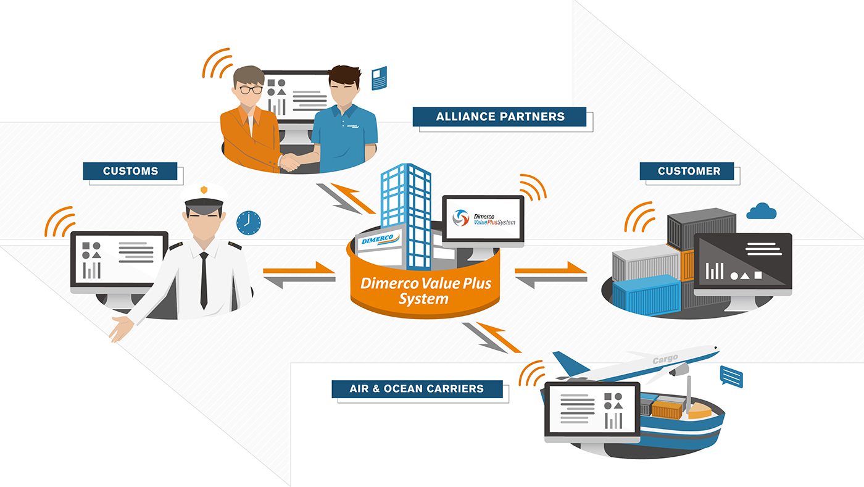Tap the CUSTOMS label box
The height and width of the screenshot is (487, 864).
click(x=130, y=171)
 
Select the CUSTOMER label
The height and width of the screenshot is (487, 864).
click(x=687, y=171)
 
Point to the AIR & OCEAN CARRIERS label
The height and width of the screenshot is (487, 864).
click(x=417, y=389)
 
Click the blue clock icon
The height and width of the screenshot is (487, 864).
click(x=248, y=223)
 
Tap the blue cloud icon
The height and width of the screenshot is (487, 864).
click(x=762, y=212)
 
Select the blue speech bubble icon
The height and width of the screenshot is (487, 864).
click(x=731, y=377)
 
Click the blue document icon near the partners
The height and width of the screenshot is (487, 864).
click(x=379, y=78)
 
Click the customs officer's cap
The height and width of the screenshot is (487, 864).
click(x=204, y=198)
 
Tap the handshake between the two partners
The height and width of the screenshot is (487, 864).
click(x=289, y=162)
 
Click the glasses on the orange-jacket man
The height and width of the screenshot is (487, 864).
click(x=251, y=90)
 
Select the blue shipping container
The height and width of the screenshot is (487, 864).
click(x=647, y=295)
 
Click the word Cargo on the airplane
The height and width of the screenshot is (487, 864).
click(x=665, y=360)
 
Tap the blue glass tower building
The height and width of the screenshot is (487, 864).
click(x=406, y=216)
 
